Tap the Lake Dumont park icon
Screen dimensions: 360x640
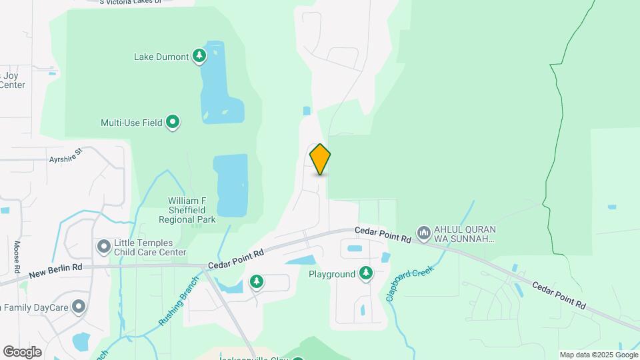click(199, 56)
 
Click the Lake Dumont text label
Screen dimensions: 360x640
click(161, 57)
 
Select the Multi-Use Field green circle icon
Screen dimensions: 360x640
click(173, 122)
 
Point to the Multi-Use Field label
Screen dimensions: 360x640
click(131, 123)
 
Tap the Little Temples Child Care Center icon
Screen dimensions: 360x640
click(103, 247)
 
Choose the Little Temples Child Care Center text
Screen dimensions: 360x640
click(150, 248)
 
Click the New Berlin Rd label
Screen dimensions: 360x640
click(55, 270)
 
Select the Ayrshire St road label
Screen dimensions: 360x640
click(65, 155)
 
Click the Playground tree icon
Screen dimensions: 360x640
click(365, 273)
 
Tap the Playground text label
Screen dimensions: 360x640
click(332, 274)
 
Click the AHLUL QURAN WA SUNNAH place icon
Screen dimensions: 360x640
click(423, 233)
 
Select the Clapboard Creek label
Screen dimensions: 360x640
click(410, 283)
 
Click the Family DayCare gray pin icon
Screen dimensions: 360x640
click(79, 307)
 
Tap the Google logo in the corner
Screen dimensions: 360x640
click(22, 352)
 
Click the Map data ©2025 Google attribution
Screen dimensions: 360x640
click(599, 355)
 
